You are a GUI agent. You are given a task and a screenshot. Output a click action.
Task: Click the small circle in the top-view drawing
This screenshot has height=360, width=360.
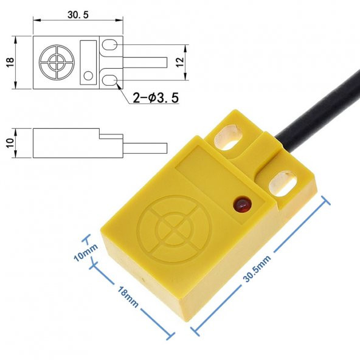[89, 75]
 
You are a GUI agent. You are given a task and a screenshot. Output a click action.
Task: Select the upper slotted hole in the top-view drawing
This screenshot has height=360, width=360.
[110, 46]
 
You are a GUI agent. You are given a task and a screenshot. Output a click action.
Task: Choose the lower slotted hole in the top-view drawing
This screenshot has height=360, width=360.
[110, 80]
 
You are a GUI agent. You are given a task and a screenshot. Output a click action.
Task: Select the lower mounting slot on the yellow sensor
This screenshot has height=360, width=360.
[282, 181]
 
